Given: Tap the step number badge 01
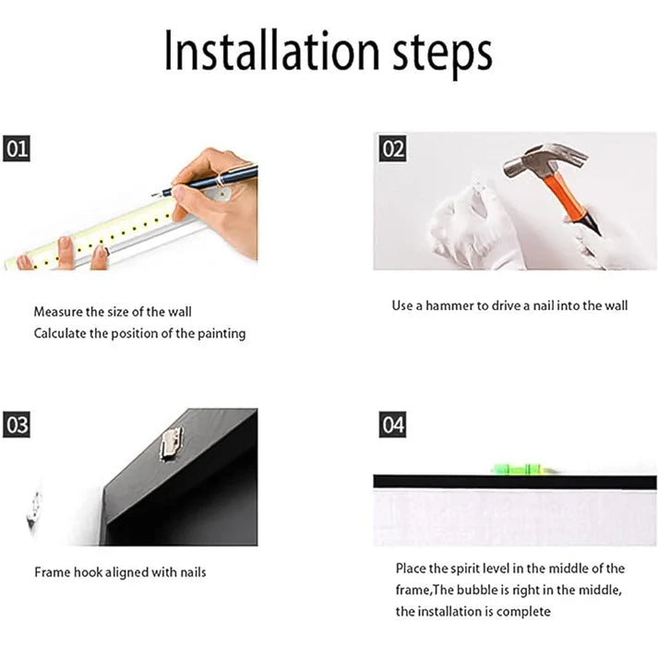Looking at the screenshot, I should click(17, 148).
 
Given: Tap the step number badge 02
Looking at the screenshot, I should click(393, 149).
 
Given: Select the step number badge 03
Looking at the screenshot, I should click(17, 425).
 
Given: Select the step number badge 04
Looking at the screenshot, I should click(393, 425).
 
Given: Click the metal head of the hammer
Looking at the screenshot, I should click(527, 164).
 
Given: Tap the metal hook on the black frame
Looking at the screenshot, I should click(169, 445).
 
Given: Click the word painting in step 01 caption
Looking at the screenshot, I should click(221, 333).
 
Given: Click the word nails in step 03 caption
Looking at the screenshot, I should click(190, 572).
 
